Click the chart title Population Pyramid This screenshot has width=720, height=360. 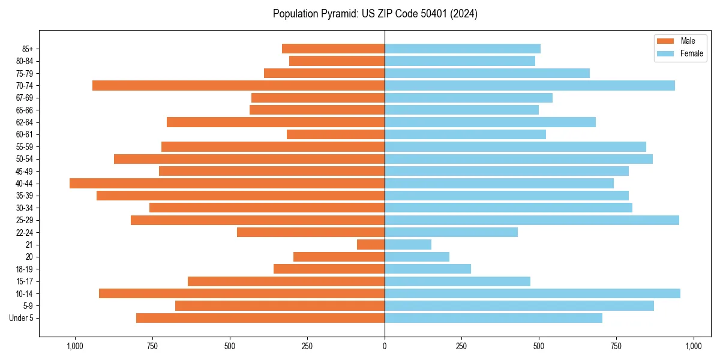[375, 14]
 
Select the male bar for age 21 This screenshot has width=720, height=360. [371, 244]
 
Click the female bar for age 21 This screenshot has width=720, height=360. [408, 244]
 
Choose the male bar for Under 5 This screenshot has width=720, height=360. [260, 318]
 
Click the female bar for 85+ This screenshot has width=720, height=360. [463, 49]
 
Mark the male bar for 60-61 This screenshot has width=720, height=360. [335, 134]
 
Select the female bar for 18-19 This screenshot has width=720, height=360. [428, 269]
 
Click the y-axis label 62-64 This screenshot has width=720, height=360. [25, 122]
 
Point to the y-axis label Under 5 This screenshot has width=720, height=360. [22, 318]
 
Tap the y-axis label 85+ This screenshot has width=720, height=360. [27, 49]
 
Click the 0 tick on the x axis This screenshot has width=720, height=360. [385, 346]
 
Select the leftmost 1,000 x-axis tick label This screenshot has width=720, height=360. [75, 346]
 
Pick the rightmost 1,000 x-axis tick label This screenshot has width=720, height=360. [694, 346]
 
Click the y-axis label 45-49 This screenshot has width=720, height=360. [25, 171]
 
